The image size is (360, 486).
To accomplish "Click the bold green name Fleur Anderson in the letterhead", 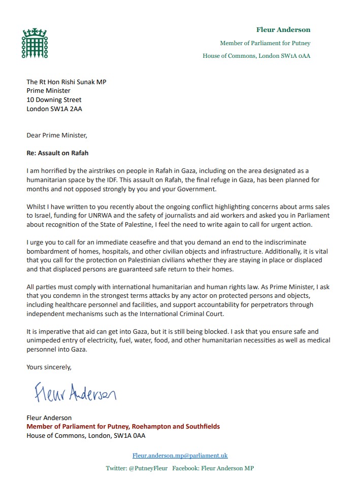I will [x=283, y=30].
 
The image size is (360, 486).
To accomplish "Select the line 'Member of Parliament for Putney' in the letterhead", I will [x=265, y=43].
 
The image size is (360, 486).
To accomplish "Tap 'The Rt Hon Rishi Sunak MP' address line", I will [x=67, y=82].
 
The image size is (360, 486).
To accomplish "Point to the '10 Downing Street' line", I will [x=54, y=100].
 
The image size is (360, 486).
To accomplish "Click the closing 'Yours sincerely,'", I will [x=49, y=367].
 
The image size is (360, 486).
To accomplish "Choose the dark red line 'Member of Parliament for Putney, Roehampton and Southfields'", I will [x=123, y=427].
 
